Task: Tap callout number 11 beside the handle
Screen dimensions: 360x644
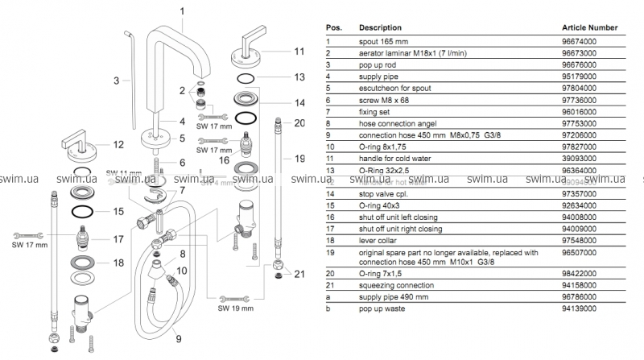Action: pos(298,51)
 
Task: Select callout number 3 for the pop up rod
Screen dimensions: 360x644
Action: pos(117,81)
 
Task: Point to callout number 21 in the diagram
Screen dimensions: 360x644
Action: pos(300,275)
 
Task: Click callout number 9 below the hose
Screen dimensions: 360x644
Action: pos(179,338)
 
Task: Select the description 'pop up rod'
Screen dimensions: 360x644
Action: pos(378,61)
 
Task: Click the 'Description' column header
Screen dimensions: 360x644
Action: pos(380,27)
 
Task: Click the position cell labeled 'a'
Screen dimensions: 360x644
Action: pos(328,296)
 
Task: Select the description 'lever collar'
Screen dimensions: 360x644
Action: pos(380,241)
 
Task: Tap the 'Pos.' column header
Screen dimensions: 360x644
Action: pos(333,27)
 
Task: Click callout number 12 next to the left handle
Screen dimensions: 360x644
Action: pos(118,145)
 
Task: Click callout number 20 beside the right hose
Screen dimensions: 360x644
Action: pos(300,123)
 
